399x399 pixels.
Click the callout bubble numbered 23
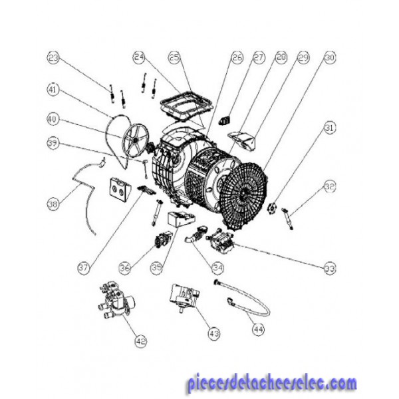coord(53,58)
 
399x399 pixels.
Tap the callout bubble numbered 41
coord(53,90)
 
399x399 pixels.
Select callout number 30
coord(330,57)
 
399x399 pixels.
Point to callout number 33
coord(330,268)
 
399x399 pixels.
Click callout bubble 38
coord(53,204)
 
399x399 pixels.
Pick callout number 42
coord(141,341)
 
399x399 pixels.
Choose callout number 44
coord(258,330)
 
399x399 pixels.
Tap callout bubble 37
coord(84,268)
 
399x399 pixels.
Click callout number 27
coord(259,57)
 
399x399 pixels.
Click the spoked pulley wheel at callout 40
coord(136,140)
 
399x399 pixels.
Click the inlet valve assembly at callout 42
coord(116,301)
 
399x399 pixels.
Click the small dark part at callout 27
coord(224,120)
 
